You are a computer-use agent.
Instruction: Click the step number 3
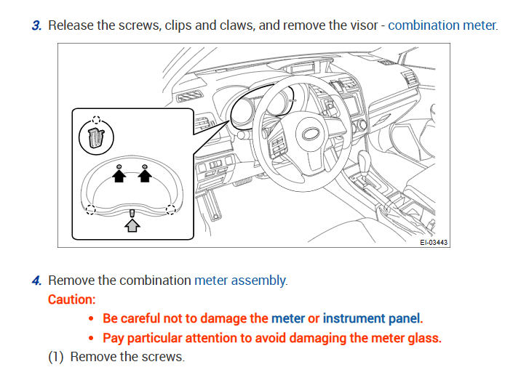[x=36, y=25]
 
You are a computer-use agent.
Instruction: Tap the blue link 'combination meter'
[x=442, y=25]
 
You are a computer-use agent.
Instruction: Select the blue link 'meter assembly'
[x=241, y=281]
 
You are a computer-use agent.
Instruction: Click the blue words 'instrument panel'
[x=371, y=318]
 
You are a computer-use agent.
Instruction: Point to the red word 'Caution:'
[x=71, y=299]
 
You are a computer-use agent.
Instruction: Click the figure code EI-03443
[x=434, y=242]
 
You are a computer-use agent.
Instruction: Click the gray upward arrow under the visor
[x=132, y=225]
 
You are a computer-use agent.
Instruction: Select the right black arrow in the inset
[x=145, y=175]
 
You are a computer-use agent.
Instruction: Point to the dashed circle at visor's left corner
[x=90, y=210]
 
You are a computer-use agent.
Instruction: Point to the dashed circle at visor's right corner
[x=170, y=210]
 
